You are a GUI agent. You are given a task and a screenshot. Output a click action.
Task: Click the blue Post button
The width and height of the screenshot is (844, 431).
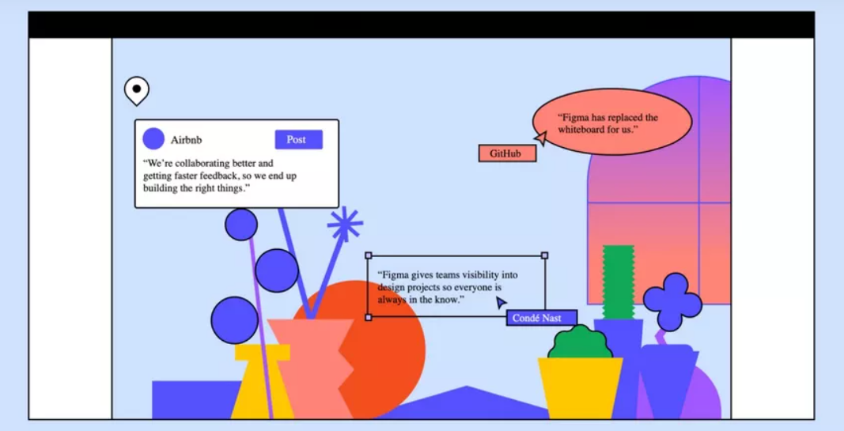(298, 140)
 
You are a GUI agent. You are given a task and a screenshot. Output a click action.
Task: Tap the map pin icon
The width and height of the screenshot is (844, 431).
(136, 91)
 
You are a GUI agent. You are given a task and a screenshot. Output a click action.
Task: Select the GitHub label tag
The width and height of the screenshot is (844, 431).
(506, 153)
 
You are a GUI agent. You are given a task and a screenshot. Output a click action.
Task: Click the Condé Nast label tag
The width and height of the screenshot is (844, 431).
(541, 318)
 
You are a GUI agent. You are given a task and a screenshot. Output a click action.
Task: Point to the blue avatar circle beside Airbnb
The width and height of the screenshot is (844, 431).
(153, 139)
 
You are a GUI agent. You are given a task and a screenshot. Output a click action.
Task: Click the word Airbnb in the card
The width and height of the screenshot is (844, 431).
(187, 141)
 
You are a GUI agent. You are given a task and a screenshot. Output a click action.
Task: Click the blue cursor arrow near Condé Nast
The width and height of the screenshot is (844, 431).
(501, 302)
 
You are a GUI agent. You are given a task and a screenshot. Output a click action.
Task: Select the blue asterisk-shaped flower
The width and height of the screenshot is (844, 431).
(345, 225)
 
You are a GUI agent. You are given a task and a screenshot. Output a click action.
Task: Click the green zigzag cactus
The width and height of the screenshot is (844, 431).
(618, 282)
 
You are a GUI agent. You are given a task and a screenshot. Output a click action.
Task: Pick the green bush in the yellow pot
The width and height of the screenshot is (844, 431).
(581, 343)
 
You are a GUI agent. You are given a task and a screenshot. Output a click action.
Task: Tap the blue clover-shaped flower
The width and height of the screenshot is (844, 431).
(672, 301)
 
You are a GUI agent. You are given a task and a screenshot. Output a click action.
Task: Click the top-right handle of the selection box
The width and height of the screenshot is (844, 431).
(544, 255)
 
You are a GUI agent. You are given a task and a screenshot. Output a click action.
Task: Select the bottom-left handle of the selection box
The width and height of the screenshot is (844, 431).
(369, 317)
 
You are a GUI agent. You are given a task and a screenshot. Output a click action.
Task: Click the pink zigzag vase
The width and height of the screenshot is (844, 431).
(311, 368)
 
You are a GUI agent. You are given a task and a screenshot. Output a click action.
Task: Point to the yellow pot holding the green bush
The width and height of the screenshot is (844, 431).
(580, 388)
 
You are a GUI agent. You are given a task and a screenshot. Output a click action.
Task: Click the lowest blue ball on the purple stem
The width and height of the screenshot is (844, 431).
(235, 320)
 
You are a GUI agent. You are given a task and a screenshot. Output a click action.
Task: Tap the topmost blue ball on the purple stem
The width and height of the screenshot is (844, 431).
(240, 225)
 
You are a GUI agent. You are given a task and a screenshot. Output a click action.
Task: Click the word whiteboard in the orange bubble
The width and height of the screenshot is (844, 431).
(585, 129)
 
